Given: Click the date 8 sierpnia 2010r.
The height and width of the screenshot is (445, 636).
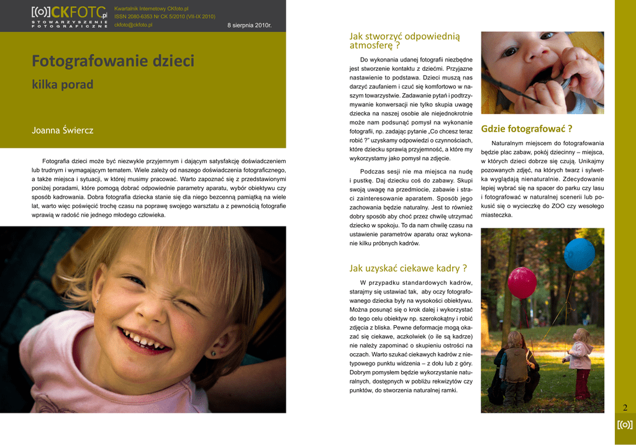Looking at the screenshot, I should [249, 25].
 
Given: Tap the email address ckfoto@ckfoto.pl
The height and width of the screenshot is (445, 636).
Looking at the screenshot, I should [134, 25].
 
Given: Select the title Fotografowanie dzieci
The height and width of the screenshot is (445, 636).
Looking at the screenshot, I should [113, 61].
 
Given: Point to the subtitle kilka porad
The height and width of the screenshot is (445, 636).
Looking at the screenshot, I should [62, 84].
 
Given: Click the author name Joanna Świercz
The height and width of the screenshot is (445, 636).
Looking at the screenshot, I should [62, 130].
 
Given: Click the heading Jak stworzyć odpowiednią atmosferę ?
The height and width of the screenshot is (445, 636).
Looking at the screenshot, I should [404, 40].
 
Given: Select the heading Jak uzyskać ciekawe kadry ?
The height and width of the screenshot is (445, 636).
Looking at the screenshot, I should [407, 268].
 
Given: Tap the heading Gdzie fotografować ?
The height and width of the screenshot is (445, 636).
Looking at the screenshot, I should [526, 129].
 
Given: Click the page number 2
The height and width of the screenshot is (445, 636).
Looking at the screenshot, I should [625, 408].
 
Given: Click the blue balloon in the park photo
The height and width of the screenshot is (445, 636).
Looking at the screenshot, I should [579, 254].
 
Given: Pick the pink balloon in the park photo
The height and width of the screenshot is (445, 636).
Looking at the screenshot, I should [522, 282].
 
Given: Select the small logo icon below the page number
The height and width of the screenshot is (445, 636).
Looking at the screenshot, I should [625, 425].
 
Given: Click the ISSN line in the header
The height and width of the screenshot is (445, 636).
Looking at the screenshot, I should [165, 17].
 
